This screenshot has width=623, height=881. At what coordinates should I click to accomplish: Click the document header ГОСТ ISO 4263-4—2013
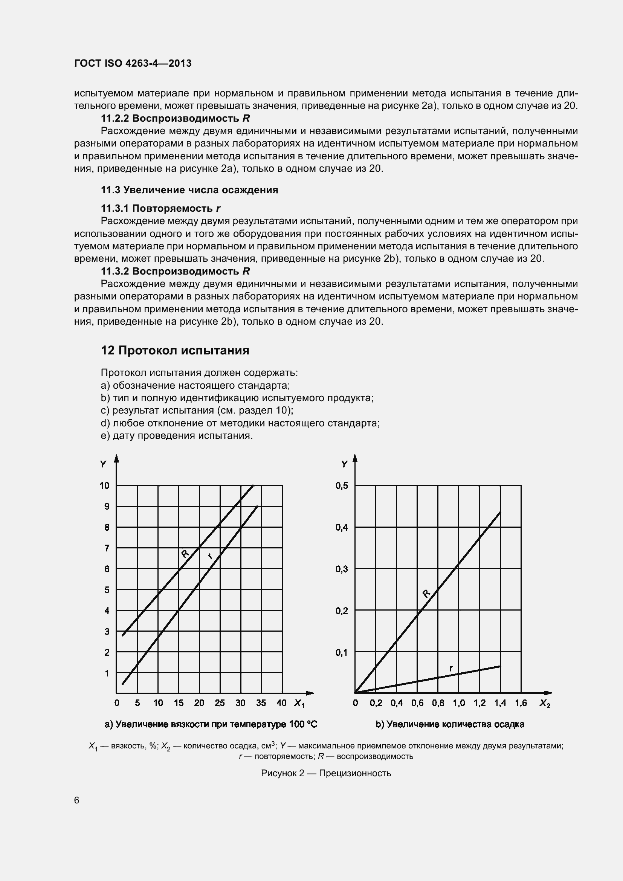[x=133, y=64]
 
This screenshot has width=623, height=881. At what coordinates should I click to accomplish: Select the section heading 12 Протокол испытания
[x=175, y=350]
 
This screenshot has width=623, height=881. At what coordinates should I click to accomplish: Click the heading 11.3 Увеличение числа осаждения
[x=189, y=190]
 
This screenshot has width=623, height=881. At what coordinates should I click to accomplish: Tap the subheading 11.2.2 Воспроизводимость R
[x=175, y=118]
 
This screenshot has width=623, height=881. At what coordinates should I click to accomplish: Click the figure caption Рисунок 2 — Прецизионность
[x=326, y=773]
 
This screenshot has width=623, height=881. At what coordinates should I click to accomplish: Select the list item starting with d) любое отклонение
[x=240, y=423]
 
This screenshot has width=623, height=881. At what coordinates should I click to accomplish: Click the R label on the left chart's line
[x=185, y=553]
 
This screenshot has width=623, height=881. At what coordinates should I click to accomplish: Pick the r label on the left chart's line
[x=210, y=556]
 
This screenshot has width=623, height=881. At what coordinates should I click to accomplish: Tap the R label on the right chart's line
[x=426, y=593]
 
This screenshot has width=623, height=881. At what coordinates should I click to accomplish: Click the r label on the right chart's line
[x=451, y=668]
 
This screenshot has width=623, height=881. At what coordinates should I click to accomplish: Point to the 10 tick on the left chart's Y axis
[x=104, y=486]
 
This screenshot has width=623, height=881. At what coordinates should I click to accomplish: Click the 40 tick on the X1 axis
[x=281, y=703]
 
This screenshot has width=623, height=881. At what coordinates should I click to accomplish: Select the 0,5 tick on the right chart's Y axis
[x=342, y=486]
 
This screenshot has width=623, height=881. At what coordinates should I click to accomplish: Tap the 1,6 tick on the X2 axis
[x=521, y=703]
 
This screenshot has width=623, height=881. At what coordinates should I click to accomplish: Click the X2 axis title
[x=545, y=703]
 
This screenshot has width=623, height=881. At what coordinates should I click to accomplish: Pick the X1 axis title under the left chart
[x=299, y=703]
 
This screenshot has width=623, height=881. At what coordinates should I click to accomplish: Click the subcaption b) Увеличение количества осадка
[x=450, y=724]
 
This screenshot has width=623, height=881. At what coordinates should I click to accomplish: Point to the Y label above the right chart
[x=344, y=464]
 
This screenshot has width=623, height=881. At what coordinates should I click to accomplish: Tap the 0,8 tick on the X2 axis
[x=438, y=703]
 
